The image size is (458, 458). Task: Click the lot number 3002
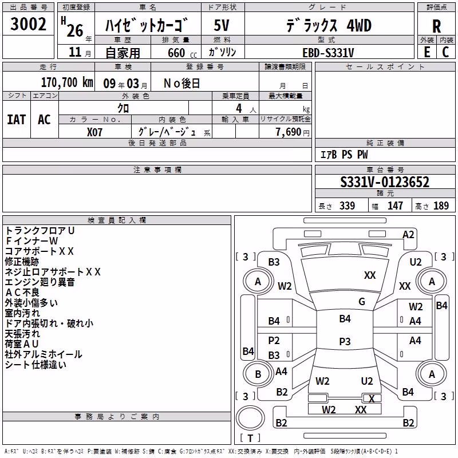click(28, 24)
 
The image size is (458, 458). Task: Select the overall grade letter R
click(436, 26)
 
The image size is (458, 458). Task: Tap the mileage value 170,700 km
click(67, 82)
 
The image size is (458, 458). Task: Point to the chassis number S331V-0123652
click(385, 182)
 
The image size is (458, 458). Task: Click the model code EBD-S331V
click(328, 53)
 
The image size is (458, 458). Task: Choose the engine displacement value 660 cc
click(182, 53)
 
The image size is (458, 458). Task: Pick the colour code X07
click(94, 132)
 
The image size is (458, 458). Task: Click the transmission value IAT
click(17, 120)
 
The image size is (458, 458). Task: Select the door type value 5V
click(222, 25)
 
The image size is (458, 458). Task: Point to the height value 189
click(441, 206)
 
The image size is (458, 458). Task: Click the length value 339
click(347, 206)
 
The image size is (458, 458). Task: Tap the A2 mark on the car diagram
click(408, 235)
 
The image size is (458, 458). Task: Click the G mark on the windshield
click(362, 302)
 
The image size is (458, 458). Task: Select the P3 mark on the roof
click(345, 341)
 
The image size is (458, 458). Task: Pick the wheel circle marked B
click(258, 374)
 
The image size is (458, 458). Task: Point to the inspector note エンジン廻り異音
click(40, 282)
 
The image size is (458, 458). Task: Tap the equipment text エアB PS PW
click(344, 155)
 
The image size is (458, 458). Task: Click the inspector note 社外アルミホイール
click(44, 354)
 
